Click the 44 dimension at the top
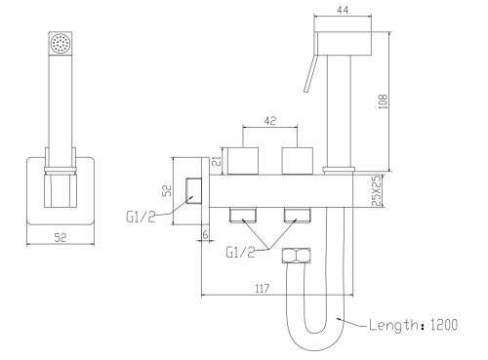click(343, 10)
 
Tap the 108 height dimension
click(384, 101)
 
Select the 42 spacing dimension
click(270, 121)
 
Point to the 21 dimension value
click(217, 161)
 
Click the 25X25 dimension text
click(376, 191)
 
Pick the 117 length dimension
click(263, 289)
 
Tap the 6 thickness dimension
click(205, 234)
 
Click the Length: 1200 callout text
click(413, 325)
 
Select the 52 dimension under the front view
click(61, 238)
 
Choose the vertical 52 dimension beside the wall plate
click(167, 190)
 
